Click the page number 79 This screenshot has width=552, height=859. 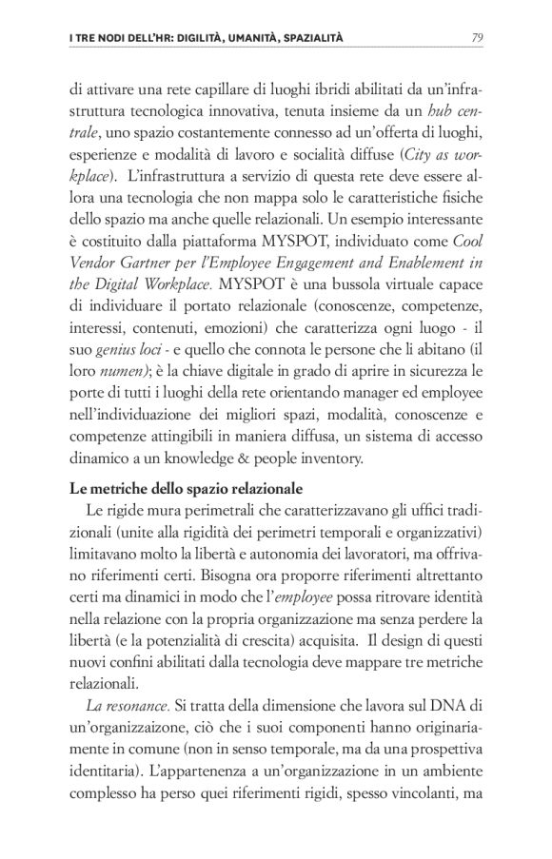[477, 38]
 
